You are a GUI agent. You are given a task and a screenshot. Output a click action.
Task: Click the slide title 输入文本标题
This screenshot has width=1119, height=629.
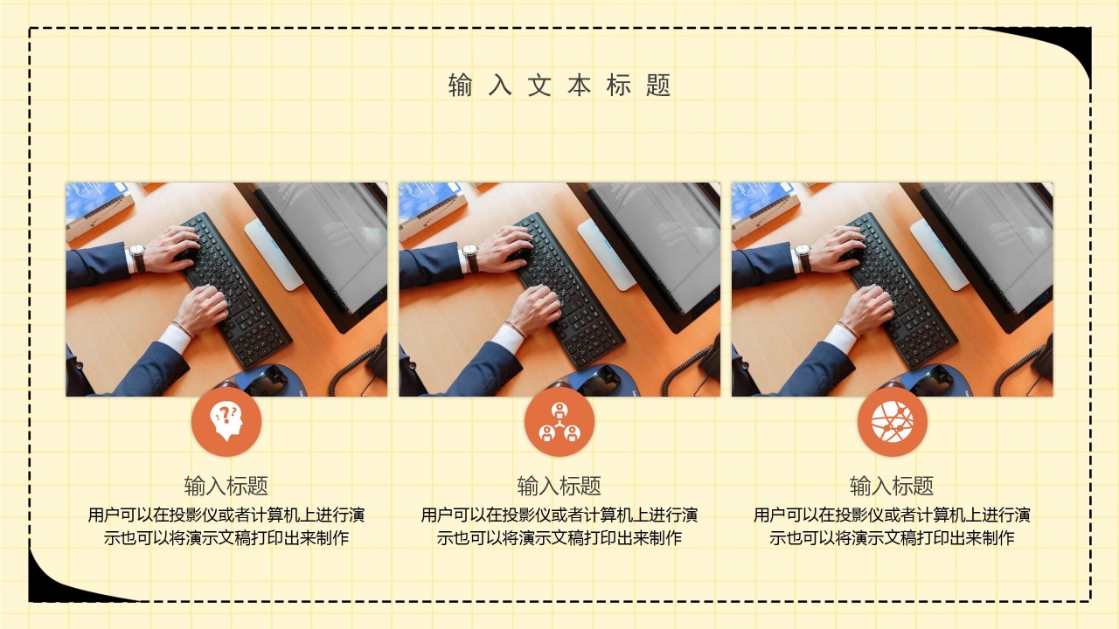(559, 86)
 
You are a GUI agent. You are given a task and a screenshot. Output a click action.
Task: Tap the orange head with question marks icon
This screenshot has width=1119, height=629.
(226, 422)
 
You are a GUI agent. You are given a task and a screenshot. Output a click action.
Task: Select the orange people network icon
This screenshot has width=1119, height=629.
(559, 422)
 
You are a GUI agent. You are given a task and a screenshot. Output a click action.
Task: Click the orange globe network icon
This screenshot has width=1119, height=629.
(892, 422)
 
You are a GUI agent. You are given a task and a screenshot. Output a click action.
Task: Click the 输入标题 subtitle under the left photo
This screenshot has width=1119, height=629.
(226, 486)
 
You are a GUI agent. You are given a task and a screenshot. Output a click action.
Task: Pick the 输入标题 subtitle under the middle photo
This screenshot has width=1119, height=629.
(559, 486)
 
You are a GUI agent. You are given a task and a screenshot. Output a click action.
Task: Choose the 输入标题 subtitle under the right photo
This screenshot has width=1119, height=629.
(892, 486)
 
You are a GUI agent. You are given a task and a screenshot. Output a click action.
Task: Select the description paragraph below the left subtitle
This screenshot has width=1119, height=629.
(226, 526)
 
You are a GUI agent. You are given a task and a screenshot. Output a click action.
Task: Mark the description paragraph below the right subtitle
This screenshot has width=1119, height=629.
(892, 526)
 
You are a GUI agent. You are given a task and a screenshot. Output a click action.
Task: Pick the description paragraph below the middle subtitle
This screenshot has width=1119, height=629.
(559, 526)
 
